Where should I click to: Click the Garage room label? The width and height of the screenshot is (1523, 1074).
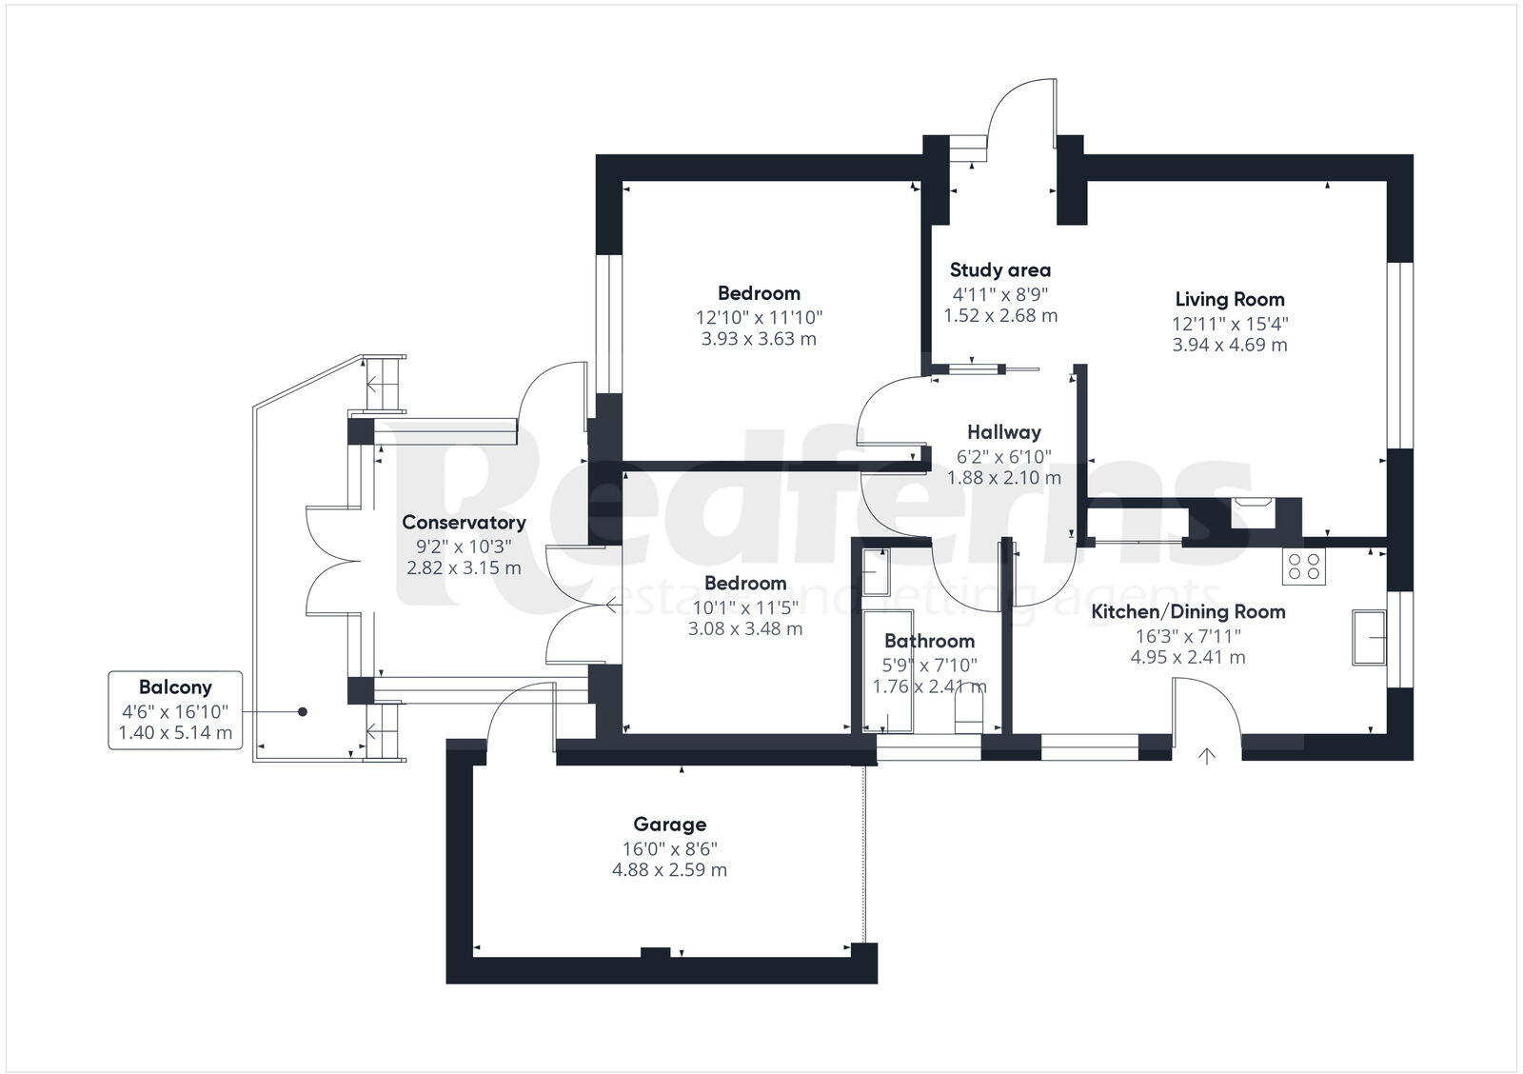click(669, 825)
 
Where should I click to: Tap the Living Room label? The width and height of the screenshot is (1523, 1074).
click(1229, 299)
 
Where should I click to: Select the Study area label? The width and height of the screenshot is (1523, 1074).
click(999, 270)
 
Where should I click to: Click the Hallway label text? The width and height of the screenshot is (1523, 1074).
click(1003, 432)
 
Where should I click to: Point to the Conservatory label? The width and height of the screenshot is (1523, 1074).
click(464, 523)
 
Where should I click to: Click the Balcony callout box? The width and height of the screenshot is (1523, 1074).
click(175, 710)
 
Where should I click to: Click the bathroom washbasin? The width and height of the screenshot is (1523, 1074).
click(875, 571)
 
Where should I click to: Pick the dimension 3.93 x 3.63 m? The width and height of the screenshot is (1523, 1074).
click(759, 339)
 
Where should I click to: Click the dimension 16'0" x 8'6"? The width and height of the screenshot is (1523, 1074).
click(669, 848)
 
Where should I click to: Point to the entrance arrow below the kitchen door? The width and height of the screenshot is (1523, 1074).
click(1207, 757)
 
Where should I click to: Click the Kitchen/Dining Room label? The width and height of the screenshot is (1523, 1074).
click(1187, 612)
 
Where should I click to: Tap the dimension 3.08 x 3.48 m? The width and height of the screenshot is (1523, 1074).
click(744, 628)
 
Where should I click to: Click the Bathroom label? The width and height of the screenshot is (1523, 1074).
click(929, 642)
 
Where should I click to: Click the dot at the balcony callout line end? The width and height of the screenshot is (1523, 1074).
click(303, 711)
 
